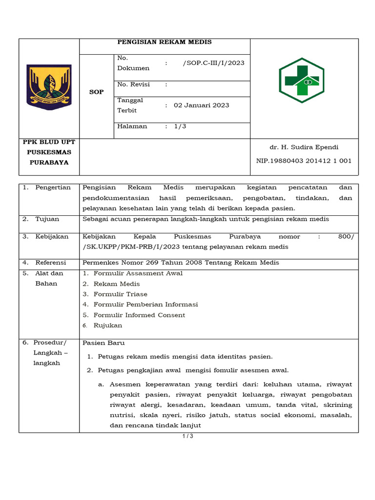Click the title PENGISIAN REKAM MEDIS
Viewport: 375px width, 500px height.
(x=165, y=42)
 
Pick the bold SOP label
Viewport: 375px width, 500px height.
(x=97, y=92)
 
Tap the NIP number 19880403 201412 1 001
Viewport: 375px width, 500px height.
(x=304, y=161)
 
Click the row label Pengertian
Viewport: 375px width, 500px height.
(x=53, y=187)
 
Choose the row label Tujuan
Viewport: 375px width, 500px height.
(x=47, y=219)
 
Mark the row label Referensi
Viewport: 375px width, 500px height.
(x=51, y=263)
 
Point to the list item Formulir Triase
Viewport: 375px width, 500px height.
(x=120, y=294)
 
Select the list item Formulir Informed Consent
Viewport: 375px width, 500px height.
(x=139, y=315)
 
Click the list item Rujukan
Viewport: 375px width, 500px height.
(x=108, y=326)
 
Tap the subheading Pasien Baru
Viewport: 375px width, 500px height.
(x=104, y=343)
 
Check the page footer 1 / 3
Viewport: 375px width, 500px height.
(x=187, y=437)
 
